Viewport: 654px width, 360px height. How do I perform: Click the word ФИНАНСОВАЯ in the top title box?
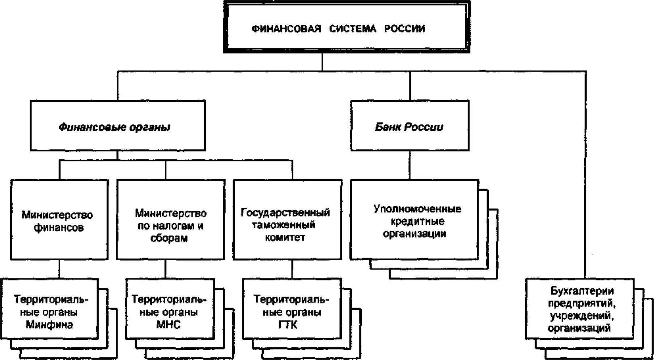(286, 29)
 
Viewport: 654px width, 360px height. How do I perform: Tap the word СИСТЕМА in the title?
(352, 29)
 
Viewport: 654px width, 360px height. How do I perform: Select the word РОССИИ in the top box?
(404, 29)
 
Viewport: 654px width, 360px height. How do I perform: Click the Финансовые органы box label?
(114, 127)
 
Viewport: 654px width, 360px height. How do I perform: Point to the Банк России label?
(409, 127)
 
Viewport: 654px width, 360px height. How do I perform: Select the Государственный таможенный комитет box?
(287, 224)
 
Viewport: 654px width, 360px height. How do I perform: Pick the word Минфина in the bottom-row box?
(49, 325)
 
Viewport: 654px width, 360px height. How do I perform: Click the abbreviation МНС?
(168, 325)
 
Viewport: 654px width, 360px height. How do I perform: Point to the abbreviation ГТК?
(288, 325)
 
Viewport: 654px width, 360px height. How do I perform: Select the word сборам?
(169, 238)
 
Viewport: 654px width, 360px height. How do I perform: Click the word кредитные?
(415, 221)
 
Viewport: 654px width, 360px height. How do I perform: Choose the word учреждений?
(581, 316)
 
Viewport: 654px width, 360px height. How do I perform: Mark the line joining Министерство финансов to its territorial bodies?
(59, 269)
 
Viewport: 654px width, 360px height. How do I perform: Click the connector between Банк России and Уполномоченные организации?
(410, 165)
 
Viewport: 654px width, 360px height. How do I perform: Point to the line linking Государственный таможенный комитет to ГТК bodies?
(292, 269)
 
